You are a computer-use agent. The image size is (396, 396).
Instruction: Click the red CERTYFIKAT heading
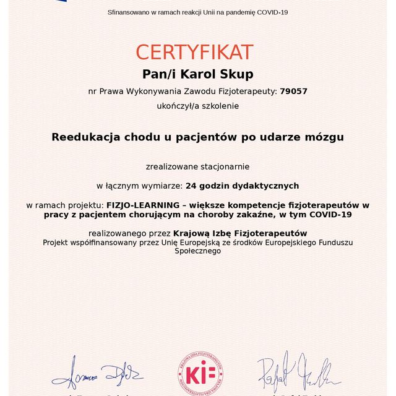(x=194, y=52)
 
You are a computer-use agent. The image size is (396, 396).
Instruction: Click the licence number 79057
(x=293, y=91)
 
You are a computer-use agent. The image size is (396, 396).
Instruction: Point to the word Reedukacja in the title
(x=84, y=136)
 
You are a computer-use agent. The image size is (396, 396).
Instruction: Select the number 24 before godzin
(x=191, y=185)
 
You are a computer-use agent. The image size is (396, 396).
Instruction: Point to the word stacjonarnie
(x=225, y=166)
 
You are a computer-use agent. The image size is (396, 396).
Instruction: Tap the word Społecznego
(x=198, y=251)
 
